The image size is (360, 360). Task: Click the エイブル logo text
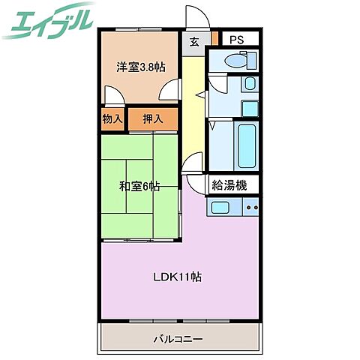(50, 21)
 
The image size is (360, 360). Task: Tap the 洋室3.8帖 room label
(140, 67)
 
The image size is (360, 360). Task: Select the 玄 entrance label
(194, 42)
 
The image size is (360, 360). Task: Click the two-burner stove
(251, 207)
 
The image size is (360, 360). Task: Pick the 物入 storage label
(112, 118)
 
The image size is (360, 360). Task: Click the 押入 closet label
(153, 118)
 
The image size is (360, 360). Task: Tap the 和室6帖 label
(138, 185)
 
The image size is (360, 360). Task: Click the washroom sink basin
(250, 84)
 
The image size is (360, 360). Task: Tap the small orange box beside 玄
(214, 38)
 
